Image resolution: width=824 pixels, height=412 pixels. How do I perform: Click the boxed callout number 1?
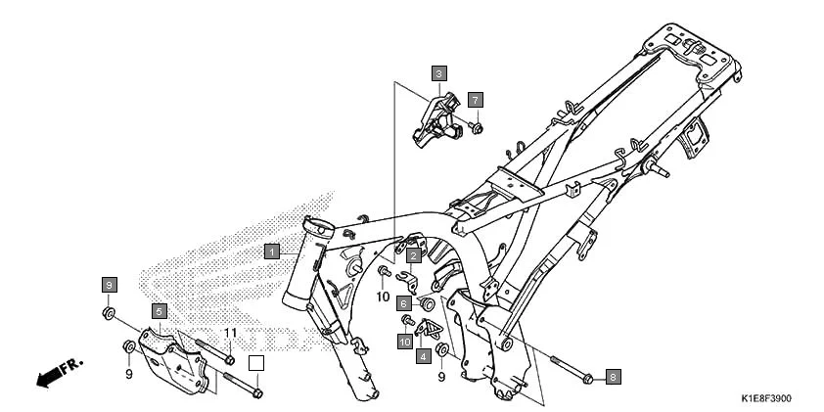click(x=271, y=251)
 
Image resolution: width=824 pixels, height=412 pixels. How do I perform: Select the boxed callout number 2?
click(x=414, y=255)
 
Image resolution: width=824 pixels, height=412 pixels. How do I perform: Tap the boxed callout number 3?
click(x=438, y=73)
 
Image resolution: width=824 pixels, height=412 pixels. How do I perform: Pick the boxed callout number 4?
click(x=423, y=357)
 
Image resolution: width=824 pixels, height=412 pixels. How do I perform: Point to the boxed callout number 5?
click(x=158, y=310)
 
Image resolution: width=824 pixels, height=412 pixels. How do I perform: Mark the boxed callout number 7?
click(x=474, y=100)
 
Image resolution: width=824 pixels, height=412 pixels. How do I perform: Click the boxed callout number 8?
click(x=613, y=376)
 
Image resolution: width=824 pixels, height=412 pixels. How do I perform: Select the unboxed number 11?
click(x=230, y=334)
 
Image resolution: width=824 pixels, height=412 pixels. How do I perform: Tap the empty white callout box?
click(x=255, y=364)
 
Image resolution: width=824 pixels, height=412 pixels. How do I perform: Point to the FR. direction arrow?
click(x=59, y=373)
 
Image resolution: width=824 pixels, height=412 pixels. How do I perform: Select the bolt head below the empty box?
click(x=255, y=393)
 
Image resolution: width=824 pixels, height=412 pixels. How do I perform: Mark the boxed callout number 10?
click(x=404, y=342)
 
